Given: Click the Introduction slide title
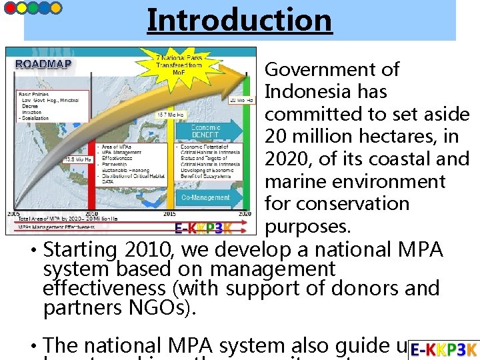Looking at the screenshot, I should (x=239, y=19).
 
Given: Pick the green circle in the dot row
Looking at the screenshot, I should (x=32, y=7).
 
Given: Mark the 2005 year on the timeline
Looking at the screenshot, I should (x=13, y=213).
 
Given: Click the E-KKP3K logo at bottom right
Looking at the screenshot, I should (x=443, y=349).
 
